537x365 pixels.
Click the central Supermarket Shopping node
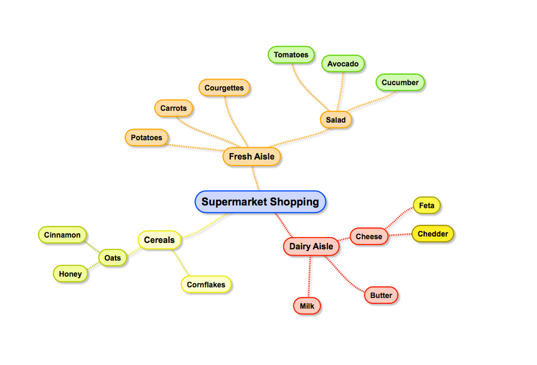click(x=260, y=202)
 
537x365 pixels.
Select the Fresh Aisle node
click(x=251, y=157)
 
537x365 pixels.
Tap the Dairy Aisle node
click(x=311, y=247)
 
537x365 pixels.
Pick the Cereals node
click(x=159, y=240)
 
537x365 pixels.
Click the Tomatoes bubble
click(x=291, y=55)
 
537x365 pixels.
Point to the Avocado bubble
click(x=343, y=64)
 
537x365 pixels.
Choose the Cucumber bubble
click(x=400, y=83)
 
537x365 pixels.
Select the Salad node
click(x=336, y=120)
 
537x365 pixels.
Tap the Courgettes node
click(x=224, y=88)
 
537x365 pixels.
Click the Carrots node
click(x=173, y=109)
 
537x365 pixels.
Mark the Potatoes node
click(x=146, y=138)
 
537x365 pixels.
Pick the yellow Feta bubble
click(x=426, y=206)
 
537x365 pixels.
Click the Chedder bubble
click(x=433, y=234)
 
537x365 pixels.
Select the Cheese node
click(x=369, y=237)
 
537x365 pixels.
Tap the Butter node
click(x=381, y=296)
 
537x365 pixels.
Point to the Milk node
click(x=307, y=306)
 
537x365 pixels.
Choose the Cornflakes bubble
click(x=206, y=285)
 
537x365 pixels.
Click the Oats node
click(x=113, y=258)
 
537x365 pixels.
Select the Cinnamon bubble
click(x=62, y=235)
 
